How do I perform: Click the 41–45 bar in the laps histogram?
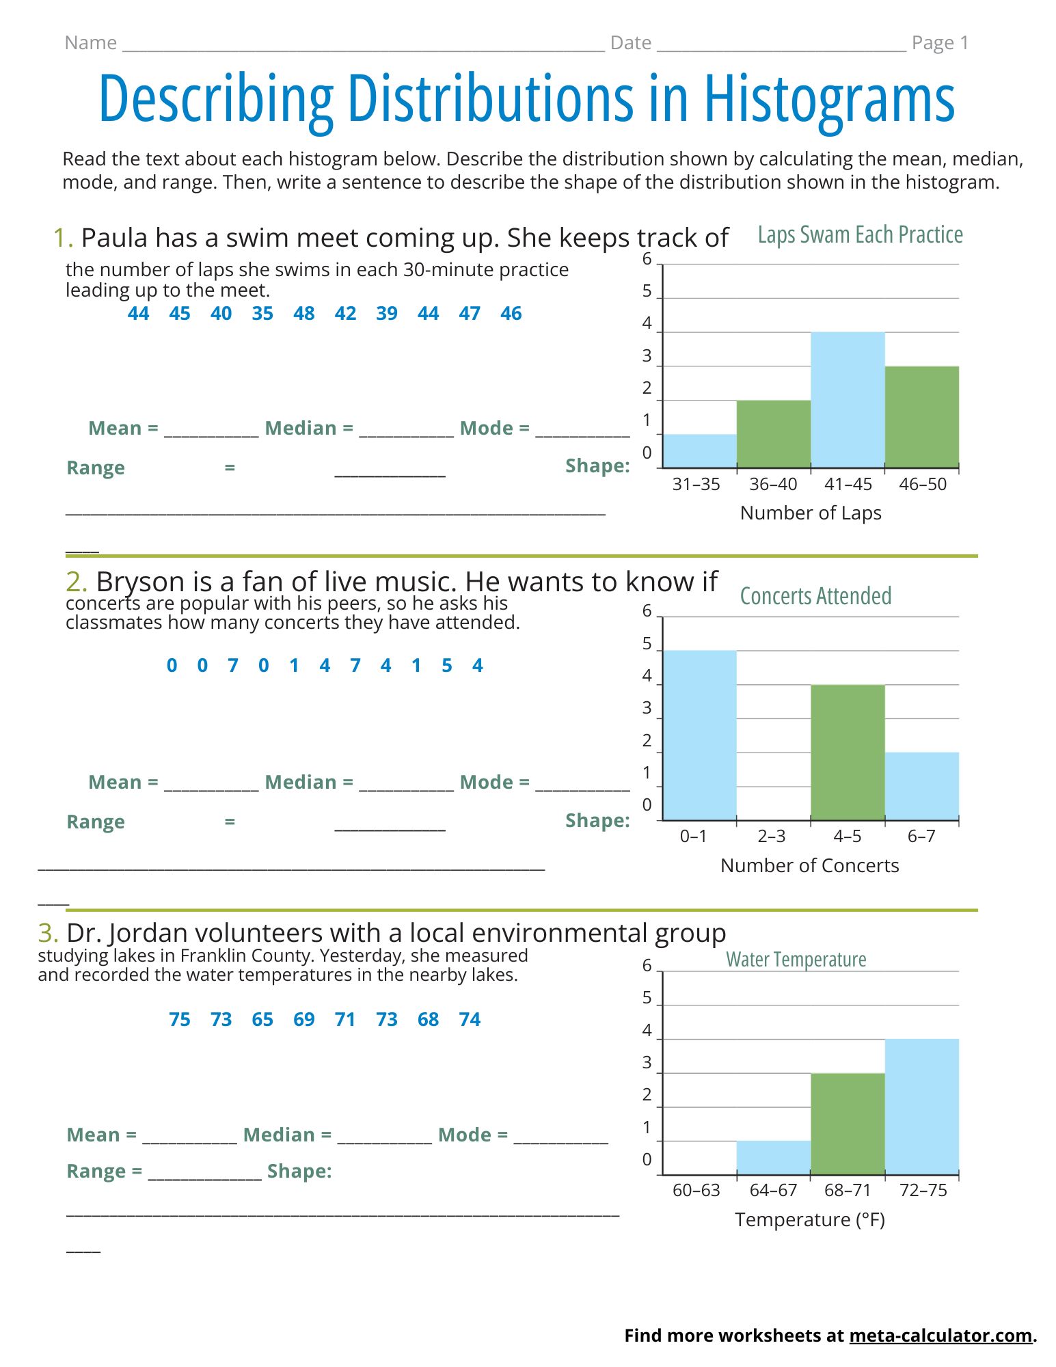point(848,400)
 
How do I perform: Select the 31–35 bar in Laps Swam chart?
point(700,451)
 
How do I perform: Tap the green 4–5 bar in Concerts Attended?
point(848,752)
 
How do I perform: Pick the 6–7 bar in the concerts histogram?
point(922,786)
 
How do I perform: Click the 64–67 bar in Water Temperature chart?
point(774,1158)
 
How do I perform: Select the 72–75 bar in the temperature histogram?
point(922,1107)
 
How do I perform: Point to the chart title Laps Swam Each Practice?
point(861,235)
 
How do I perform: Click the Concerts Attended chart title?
point(815,596)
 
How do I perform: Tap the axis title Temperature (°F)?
point(810,1220)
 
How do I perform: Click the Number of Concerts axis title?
point(810,865)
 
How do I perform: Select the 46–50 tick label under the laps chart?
point(923,484)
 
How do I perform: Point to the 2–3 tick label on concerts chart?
point(772,836)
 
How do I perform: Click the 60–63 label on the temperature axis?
point(696,1190)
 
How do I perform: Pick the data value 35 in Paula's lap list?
point(262,313)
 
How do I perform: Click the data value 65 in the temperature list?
point(262,1019)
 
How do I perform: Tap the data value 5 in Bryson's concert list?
point(447,665)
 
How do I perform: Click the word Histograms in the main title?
point(830,100)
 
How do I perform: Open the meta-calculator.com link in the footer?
point(940,1336)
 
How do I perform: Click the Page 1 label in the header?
point(940,43)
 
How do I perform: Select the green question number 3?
point(48,933)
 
